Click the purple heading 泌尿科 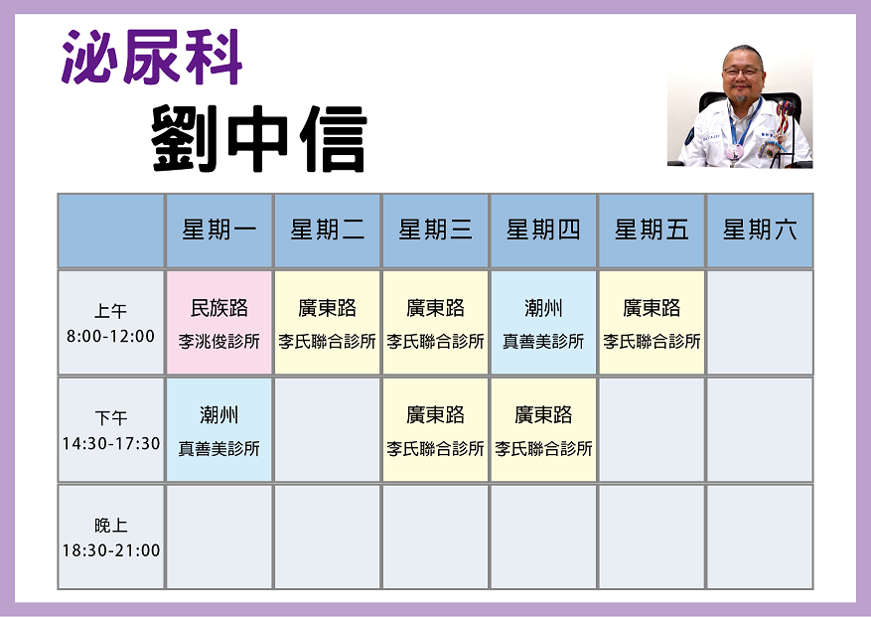pyautogui.click(x=152, y=57)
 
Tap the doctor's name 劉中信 pyautogui.click(x=259, y=138)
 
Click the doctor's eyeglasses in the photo pyautogui.click(x=742, y=72)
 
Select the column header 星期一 pyautogui.click(x=218, y=231)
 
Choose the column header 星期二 pyautogui.click(x=327, y=231)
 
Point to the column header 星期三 pyautogui.click(x=435, y=231)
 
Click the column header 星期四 pyautogui.click(x=543, y=231)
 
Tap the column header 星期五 pyautogui.click(x=652, y=231)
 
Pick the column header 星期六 pyautogui.click(x=760, y=231)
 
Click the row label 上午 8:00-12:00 pyautogui.click(x=110, y=323)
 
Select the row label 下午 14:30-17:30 pyautogui.click(x=110, y=430)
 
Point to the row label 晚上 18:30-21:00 pyautogui.click(x=110, y=538)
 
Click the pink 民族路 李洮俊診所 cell pyautogui.click(x=218, y=323)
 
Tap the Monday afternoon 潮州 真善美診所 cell pyautogui.click(x=218, y=430)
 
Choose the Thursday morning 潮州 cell pyautogui.click(x=543, y=323)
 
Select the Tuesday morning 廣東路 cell pyautogui.click(x=327, y=323)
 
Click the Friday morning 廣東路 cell pyautogui.click(x=652, y=323)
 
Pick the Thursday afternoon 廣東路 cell pyautogui.click(x=543, y=430)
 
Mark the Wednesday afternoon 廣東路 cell pyautogui.click(x=435, y=430)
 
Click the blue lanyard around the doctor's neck pyautogui.click(x=744, y=125)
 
